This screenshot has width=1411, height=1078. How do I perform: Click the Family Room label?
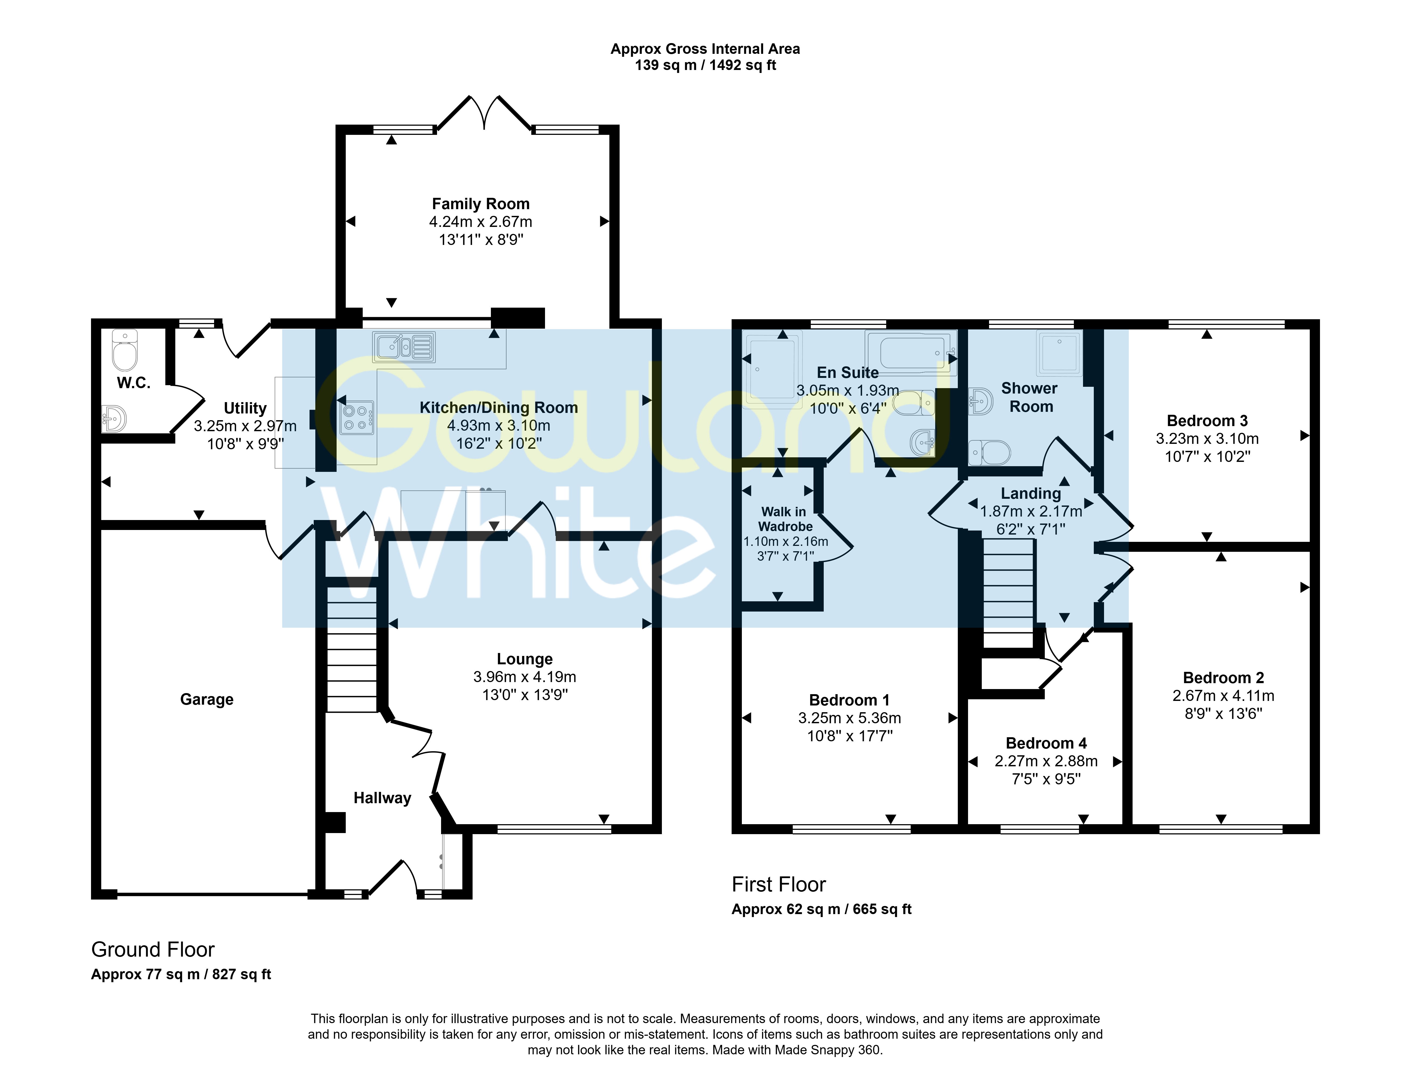coord(481,204)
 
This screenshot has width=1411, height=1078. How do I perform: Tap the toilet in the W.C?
coord(124,350)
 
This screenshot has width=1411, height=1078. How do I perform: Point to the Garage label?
coord(207,699)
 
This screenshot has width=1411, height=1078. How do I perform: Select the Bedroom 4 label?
coord(1046,743)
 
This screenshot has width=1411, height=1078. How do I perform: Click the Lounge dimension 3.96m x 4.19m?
coord(525,677)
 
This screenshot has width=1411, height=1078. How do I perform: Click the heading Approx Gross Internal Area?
coord(705,49)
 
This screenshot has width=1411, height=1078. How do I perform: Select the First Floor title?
coord(779,885)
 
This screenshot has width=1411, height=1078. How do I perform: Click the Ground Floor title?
coord(153,950)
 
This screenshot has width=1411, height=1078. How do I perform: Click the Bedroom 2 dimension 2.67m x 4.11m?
coord(1224,696)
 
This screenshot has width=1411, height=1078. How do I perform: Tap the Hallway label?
coord(383,798)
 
